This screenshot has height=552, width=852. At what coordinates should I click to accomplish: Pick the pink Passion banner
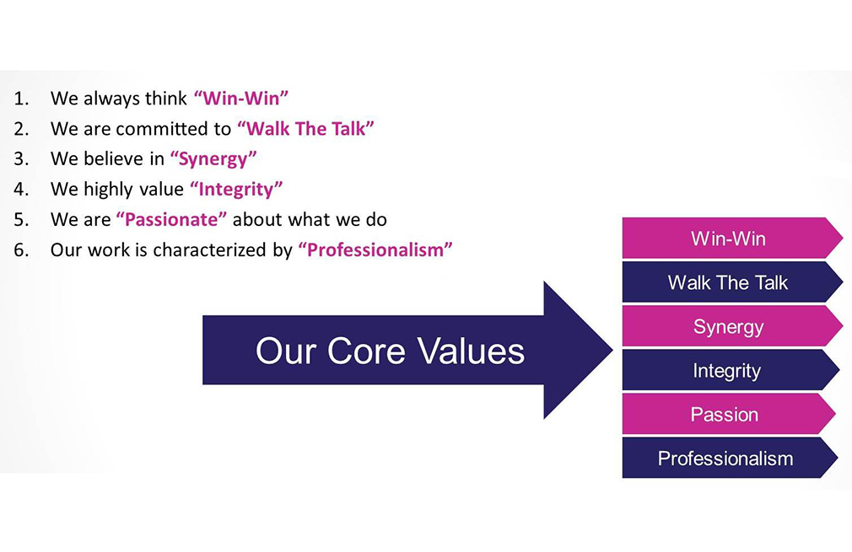[729, 414]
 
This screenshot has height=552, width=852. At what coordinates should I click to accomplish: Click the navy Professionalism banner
[729, 458]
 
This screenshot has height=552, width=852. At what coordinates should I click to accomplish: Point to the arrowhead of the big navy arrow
[613, 350]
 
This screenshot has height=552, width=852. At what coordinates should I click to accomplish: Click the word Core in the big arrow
[366, 351]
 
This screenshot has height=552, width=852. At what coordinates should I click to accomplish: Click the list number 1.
[20, 99]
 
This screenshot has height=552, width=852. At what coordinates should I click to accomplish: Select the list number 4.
[20, 189]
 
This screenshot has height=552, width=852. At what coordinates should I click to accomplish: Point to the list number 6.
[20, 249]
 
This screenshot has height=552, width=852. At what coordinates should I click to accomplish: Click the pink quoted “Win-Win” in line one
[240, 98]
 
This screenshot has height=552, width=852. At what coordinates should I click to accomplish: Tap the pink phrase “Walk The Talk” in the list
[305, 128]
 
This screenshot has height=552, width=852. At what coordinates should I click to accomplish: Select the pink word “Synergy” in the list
[213, 159]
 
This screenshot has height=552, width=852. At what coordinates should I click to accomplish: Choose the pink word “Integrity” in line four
[236, 189]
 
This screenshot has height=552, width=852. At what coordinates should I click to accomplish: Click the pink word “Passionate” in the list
[171, 219]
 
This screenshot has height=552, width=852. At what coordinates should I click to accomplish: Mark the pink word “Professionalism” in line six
[375, 249]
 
